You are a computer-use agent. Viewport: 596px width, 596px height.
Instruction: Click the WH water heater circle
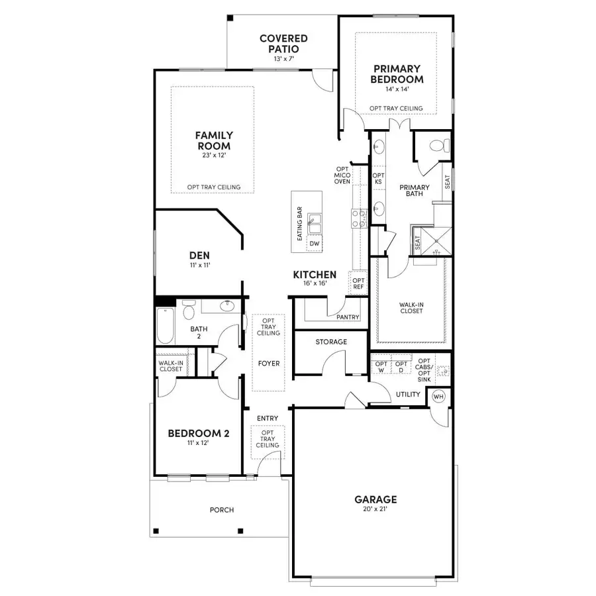[x=438, y=396]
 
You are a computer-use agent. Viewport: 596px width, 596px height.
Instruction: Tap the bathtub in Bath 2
[x=165, y=324]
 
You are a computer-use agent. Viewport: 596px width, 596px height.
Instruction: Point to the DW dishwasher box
[x=315, y=244]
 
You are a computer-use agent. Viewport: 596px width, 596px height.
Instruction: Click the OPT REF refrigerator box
[x=358, y=283]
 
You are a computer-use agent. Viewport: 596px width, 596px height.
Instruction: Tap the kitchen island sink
[x=316, y=223]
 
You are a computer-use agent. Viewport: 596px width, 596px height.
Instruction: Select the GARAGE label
[x=375, y=499]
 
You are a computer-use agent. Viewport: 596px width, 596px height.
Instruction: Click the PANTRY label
[x=348, y=317]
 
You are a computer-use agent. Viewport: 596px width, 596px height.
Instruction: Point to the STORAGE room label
[x=330, y=342]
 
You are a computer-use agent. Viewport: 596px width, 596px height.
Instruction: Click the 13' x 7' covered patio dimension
[x=283, y=59]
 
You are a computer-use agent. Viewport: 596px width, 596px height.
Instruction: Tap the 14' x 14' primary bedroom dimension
[x=397, y=89]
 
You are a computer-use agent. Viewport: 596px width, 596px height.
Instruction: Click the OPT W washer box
[x=381, y=367]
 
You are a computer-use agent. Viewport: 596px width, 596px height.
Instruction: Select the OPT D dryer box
[x=401, y=367]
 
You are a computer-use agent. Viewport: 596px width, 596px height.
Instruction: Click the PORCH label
[x=222, y=509]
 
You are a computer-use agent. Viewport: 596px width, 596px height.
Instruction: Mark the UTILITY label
[x=408, y=395]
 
